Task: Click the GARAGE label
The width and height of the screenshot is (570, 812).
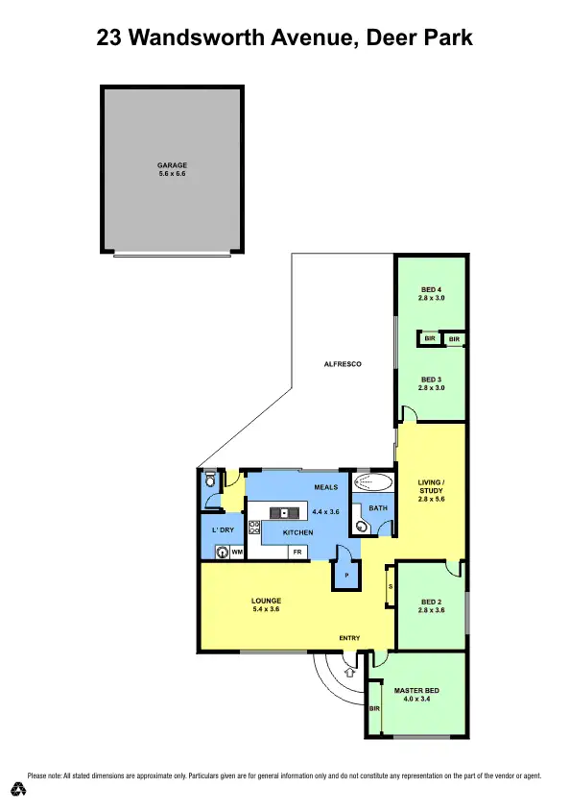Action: pos(172,165)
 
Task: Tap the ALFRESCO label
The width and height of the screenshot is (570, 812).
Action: pos(341,365)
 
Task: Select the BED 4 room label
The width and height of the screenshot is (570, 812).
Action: pos(432,290)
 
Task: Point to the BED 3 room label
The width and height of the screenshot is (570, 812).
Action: pos(432,380)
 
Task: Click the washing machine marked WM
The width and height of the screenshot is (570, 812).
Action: pos(222,552)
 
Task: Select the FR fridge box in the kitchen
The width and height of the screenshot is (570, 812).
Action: pos(297,553)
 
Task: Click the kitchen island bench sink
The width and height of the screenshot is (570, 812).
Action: pos(283,512)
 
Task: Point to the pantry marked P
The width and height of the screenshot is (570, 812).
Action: pos(345,575)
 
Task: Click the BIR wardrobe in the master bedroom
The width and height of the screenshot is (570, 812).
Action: pos(374,708)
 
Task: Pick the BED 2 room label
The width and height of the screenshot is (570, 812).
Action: pos(432,601)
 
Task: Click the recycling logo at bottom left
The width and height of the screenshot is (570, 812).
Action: pos(18,789)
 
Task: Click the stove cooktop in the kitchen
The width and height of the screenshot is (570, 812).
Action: pos(254,527)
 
